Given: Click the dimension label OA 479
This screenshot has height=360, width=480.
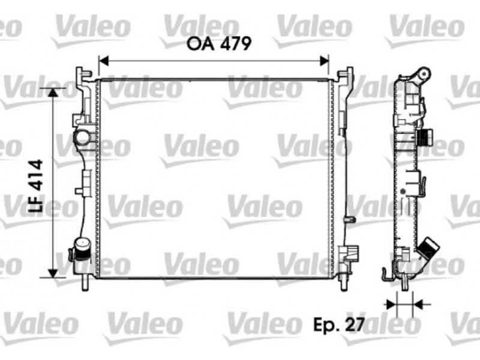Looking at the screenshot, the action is pyautogui.click(x=219, y=44).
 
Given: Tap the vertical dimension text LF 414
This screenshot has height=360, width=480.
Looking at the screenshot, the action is pyautogui.click(x=35, y=186).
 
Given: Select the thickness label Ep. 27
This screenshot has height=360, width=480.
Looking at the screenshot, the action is pyautogui.click(x=339, y=324).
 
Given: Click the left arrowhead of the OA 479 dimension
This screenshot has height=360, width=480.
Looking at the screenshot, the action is pyautogui.click(x=104, y=61).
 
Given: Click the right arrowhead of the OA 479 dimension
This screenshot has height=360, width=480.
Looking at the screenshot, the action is pyautogui.click(x=324, y=61).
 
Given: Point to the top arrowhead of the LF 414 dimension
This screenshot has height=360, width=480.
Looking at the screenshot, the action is pyautogui.click(x=53, y=93).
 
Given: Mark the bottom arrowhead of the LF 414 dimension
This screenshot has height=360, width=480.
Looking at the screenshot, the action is pyautogui.click(x=53, y=273).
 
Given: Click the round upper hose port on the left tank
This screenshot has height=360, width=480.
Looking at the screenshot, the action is pyautogui.click(x=83, y=137).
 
